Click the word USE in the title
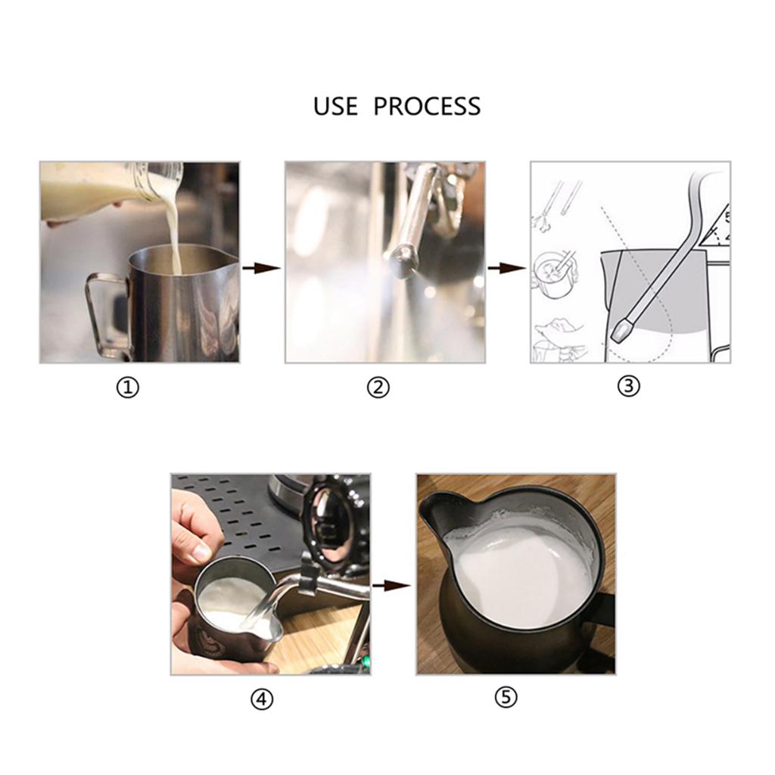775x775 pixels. (335, 106)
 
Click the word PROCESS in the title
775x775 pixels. (427, 106)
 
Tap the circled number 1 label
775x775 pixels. (128, 388)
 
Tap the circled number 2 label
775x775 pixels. (378, 388)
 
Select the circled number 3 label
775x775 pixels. (628, 386)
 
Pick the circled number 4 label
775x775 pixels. (261, 700)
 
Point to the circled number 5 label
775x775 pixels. (506, 698)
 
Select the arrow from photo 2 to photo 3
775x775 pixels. (506, 268)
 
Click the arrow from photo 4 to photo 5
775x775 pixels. (391, 585)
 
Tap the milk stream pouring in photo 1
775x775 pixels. (173, 235)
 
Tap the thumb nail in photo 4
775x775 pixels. (201, 552)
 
